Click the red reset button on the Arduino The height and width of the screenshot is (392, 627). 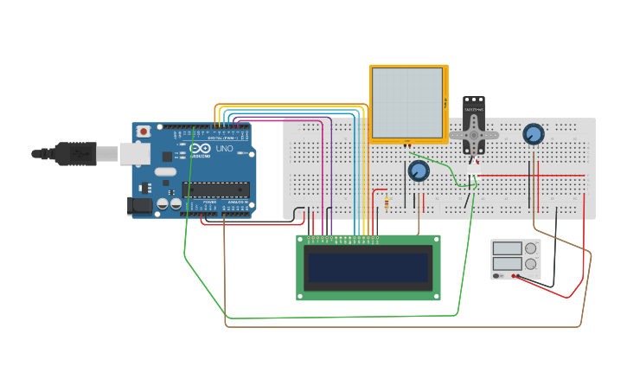tap(143, 131)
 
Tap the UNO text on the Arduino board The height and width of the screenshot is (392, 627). tap(224, 149)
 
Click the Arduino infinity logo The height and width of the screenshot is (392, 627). tap(200, 149)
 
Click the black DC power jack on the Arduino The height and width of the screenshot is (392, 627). tap(139, 206)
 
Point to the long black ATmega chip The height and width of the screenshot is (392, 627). tap(215, 190)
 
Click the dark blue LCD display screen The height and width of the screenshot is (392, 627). tap(368, 267)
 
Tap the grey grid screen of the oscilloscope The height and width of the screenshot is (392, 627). tap(407, 103)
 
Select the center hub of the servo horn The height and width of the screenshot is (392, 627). tap(473, 135)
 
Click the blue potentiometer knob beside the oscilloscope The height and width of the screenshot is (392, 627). tap(419, 171)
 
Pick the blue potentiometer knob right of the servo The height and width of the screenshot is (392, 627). tap(534, 134)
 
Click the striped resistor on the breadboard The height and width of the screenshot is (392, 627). tap(387, 203)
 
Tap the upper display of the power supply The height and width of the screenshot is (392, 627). tap(507, 248)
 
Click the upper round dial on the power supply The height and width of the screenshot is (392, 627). tap(531, 248)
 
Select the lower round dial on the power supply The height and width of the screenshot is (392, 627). tap(531, 264)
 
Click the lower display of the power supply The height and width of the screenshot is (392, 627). tap(507, 264)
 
